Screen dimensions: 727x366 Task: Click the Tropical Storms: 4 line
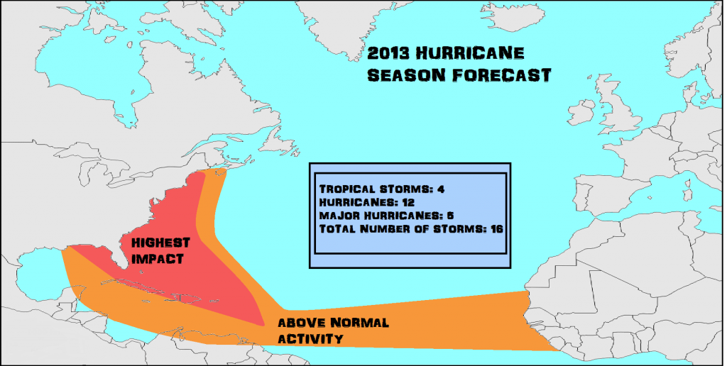click(x=382, y=189)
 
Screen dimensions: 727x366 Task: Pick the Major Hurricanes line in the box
click(x=386, y=216)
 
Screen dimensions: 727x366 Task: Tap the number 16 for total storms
click(x=496, y=228)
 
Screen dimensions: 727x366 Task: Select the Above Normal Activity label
click(x=334, y=331)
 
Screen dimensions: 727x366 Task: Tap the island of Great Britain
click(x=617, y=105)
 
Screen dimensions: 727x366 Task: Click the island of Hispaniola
click(x=190, y=299)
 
